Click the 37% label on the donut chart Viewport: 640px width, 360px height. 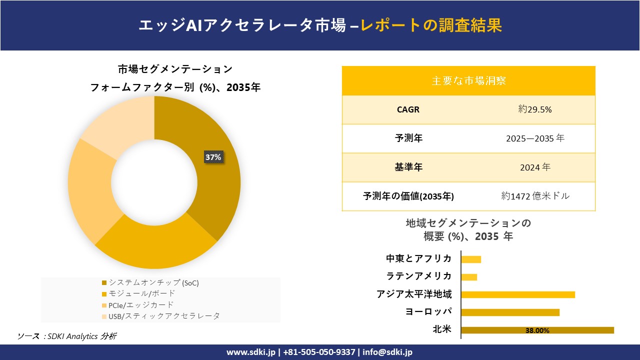tap(213, 157)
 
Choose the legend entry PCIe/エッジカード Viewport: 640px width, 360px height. tap(137, 304)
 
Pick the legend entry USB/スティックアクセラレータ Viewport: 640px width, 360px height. tap(160, 316)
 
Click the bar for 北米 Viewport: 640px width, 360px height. tap(537, 330)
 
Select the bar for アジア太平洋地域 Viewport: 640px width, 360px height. tap(517, 294)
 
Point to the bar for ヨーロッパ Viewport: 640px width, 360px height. tap(510, 312)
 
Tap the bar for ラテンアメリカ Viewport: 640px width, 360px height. tap(469, 277)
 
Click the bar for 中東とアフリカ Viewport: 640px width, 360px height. tap(471, 259)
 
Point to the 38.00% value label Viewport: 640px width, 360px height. tap(537, 330)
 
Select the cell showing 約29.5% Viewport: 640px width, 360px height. tap(534, 109)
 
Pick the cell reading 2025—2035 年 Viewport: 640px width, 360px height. tap(534, 138)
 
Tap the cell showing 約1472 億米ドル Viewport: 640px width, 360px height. tap(535, 196)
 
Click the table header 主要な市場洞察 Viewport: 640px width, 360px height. tap(468, 80)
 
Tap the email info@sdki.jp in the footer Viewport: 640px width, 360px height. tap(387, 352)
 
